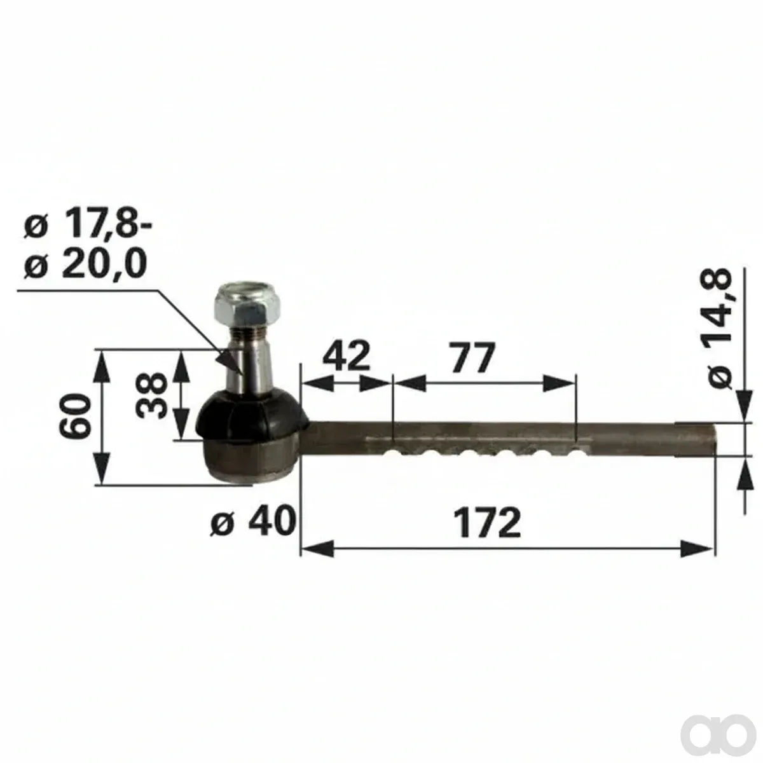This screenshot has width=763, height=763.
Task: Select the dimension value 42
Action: click(x=346, y=355)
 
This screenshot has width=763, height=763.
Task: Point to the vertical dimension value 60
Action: click(x=75, y=415)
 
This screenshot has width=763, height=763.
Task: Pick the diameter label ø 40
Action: click(x=254, y=520)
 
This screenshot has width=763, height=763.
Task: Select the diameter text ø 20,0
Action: click(x=85, y=263)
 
